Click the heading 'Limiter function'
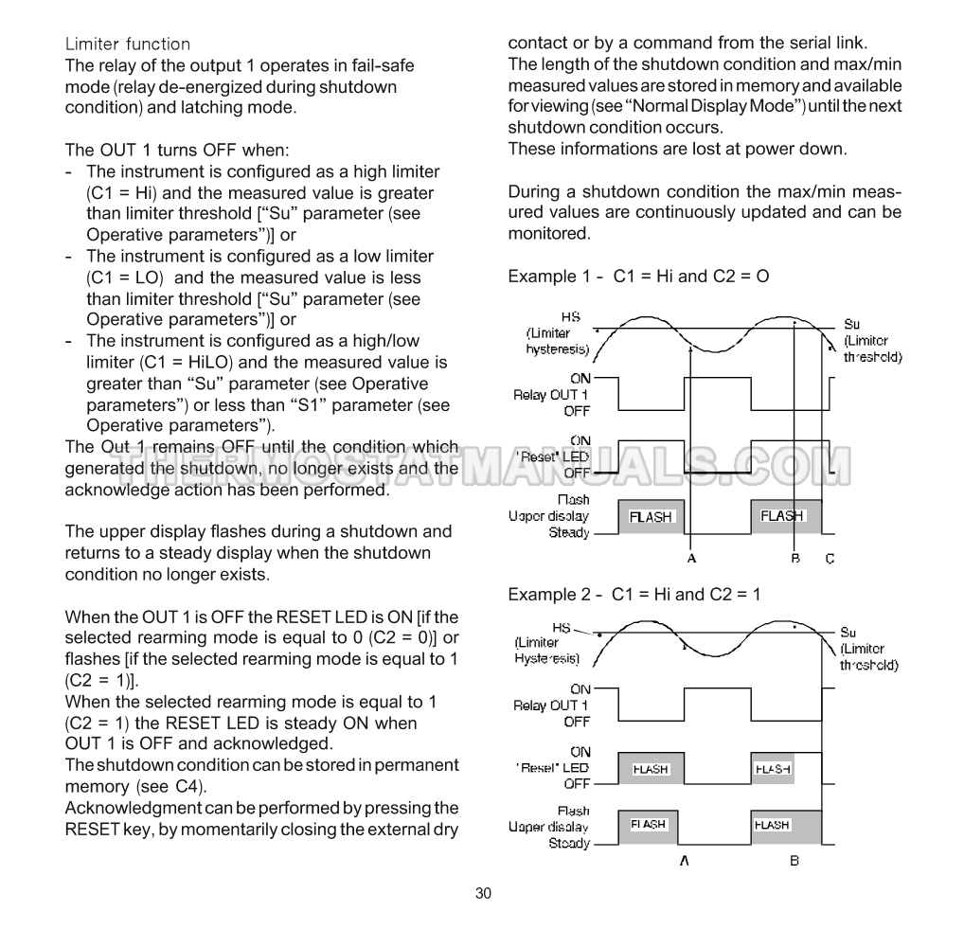[128, 45]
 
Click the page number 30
[483, 893]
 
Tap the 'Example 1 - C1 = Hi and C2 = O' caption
[638, 277]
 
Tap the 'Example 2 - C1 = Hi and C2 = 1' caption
[634, 595]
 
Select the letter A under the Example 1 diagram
[691, 559]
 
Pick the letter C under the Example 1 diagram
[830, 559]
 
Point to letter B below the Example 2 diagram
[794, 861]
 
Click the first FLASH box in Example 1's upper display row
[651, 517]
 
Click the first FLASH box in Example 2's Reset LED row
[651, 769]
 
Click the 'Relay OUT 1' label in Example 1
[550, 395]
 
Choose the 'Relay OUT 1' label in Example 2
[550, 706]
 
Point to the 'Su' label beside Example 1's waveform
[851, 324]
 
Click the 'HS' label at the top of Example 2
[562, 628]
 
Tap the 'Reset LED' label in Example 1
[553, 456]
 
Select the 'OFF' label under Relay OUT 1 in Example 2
[577, 722]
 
